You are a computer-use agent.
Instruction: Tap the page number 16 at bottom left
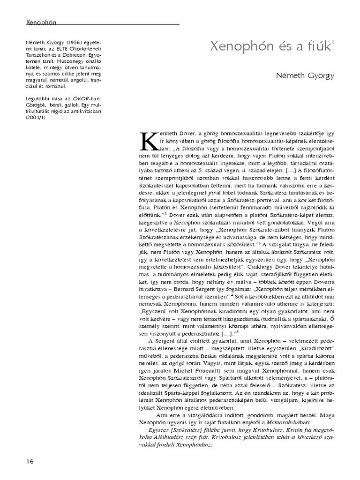tap(30, 461)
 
